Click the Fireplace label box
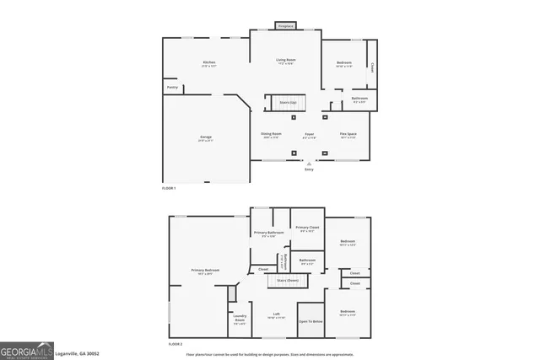[x=285, y=26]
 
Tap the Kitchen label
[x=208, y=63]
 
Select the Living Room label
[x=285, y=60]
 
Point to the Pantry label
[x=171, y=87]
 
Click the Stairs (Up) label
[x=288, y=102]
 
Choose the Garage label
[x=205, y=137]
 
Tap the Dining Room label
[x=271, y=134]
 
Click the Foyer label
[x=310, y=134]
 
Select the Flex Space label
[x=348, y=134]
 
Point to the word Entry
[x=309, y=169]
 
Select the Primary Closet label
[x=307, y=228]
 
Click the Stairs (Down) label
[x=286, y=280]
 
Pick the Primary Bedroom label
[x=199, y=271]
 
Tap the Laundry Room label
[x=240, y=319]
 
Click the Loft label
[x=276, y=314]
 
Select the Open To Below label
[x=310, y=321]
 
